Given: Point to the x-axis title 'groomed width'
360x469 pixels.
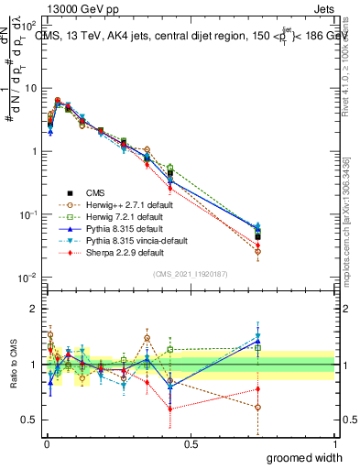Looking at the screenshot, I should pyautogui.click(x=305, y=457).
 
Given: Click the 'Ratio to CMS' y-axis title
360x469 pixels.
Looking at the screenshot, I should pyautogui.click(x=13, y=365).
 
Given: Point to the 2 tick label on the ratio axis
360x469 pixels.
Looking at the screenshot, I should pyautogui.click(x=34, y=309).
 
